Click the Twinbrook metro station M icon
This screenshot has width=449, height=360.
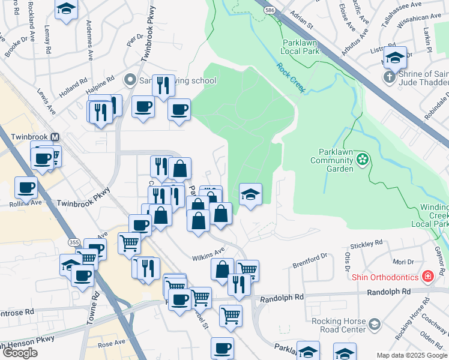tap(55, 137)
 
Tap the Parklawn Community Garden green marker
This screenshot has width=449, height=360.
tap(362, 159)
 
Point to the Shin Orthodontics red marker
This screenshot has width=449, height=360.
tap(427, 277)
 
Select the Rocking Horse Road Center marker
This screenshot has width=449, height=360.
tap(375, 325)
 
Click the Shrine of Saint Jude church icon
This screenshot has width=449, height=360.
tap(389, 77)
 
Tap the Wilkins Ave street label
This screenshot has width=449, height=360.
tap(208, 254)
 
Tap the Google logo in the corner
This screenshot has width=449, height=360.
tap(20, 353)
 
